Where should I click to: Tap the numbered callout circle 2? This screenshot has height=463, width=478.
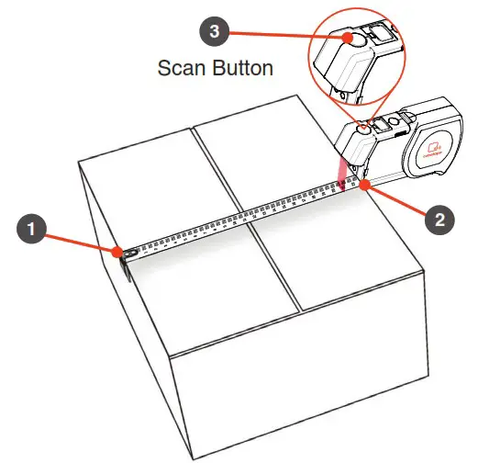[439, 219]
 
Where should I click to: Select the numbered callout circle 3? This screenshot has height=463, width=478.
[214, 31]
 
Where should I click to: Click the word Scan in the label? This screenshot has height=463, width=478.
[183, 68]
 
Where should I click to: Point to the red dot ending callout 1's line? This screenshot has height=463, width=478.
[118, 251]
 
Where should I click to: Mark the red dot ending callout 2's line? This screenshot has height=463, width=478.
[364, 185]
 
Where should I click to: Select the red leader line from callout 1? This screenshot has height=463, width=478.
[78, 239]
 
